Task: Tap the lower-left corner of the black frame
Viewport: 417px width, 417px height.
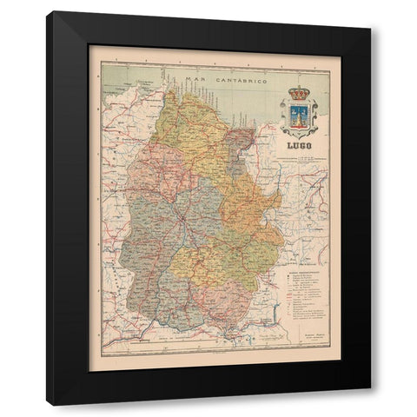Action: pos(48,404)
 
